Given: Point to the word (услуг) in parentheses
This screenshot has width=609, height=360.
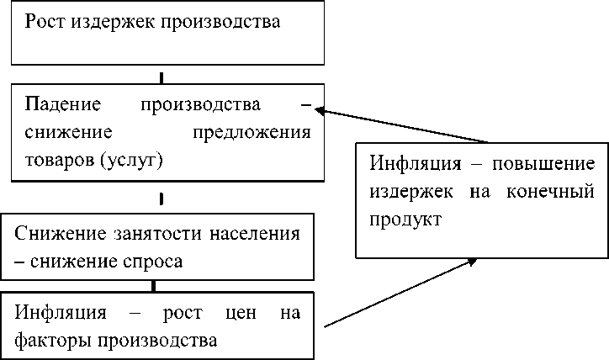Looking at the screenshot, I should pyautogui.click(x=132, y=160).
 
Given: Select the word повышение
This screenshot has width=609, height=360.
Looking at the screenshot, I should pyautogui.click(x=545, y=163).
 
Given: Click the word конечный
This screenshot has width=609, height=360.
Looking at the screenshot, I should pyautogui.click(x=550, y=191).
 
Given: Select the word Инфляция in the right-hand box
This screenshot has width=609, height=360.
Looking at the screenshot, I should pyautogui.click(x=410, y=163).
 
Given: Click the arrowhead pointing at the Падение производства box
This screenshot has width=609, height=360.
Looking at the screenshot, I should pyautogui.click(x=320, y=110).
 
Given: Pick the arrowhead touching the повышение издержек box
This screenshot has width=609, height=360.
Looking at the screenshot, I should pyautogui.click(x=473, y=262).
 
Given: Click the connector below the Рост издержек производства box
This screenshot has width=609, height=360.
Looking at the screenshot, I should pyautogui.click(x=161, y=77).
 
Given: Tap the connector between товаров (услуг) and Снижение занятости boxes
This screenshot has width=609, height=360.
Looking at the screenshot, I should pyautogui.click(x=161, y=199).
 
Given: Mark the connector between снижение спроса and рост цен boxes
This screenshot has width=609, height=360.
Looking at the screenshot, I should pyautogui.click(x=152, y=286).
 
